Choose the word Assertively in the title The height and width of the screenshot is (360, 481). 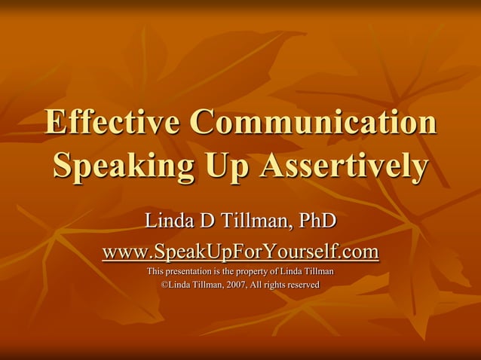tap(343, 166)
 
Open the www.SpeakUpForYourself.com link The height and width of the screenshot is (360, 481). tap(240, 250)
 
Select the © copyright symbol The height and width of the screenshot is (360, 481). tap(165, 285)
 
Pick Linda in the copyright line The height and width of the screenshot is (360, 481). tap(179, 285)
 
